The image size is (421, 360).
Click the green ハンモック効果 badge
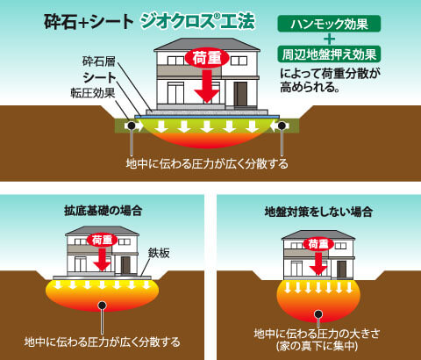(329, 24)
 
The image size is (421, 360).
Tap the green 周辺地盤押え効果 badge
(329, 54)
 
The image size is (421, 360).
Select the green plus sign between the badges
(330, 39)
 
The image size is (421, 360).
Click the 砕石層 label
(99, 61)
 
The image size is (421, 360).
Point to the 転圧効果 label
(93, 93)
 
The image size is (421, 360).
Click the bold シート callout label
(100, 77)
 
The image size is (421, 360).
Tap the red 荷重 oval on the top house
(207, 58)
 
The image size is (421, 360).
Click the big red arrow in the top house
(207, 86)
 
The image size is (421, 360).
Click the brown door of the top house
(240, 94)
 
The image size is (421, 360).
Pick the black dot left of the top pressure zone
(132, 126)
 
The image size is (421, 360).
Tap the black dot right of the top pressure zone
(282, 126)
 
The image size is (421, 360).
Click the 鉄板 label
(159, 253)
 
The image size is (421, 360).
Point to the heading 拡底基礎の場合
(103, 211)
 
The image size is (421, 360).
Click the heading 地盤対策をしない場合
(318, 212)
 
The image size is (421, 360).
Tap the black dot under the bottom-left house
(102, 306)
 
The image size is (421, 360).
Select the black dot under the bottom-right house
(318, 314)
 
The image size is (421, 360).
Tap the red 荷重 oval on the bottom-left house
(102, 241)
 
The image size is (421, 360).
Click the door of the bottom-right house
(341, 269)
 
